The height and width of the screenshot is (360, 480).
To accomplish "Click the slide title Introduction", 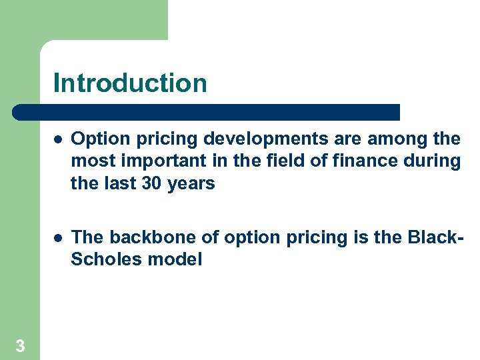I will click(130, 83).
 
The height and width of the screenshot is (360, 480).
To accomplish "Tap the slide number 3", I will click(21, 345).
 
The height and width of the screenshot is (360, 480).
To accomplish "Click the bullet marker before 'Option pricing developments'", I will click(59, 139).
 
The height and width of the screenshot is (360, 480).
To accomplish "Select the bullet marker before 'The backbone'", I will click(59, 238).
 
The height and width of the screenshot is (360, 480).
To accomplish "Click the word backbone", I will click(139, 238).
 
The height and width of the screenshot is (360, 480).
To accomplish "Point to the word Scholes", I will click(104, 260).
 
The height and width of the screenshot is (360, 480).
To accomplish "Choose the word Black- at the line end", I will click(435, 238).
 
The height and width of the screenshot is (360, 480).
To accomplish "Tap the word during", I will click(437, 161).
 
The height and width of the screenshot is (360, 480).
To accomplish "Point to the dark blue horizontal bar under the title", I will click(207, 112).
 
